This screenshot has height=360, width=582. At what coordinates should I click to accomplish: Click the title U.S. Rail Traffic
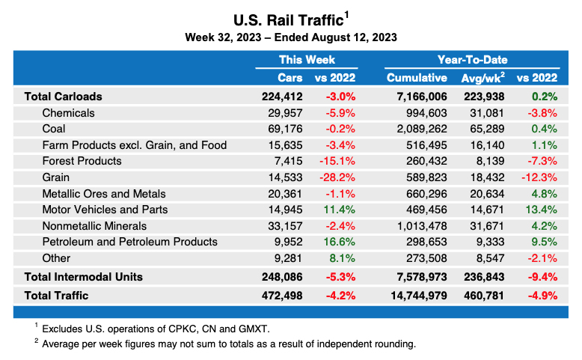(x=288, y=18)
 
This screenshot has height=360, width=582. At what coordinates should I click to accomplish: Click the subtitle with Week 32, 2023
(x=291, y=37)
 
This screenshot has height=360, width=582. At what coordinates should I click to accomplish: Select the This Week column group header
(x=307, y=59)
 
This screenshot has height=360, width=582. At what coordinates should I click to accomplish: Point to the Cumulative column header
(x=417, y=78)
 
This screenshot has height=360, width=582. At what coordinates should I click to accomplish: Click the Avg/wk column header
(x=482, y=78)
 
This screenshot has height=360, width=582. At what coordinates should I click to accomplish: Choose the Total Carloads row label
(x=63, y=97)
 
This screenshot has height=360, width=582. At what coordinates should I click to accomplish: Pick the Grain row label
(x=56, y=177)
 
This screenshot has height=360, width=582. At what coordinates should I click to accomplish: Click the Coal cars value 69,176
(x=284, y=129)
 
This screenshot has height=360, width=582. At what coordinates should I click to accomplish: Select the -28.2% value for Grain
(x=340, y=177)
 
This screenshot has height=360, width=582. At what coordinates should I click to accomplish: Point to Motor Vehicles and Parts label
(x=105, y=210)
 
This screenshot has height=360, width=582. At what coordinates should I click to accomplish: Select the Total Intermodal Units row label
(x=83, y=277)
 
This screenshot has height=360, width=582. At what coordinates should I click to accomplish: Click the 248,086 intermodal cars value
(x=280, y=277)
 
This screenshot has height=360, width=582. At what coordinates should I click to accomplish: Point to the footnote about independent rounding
(x=228, y=344)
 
